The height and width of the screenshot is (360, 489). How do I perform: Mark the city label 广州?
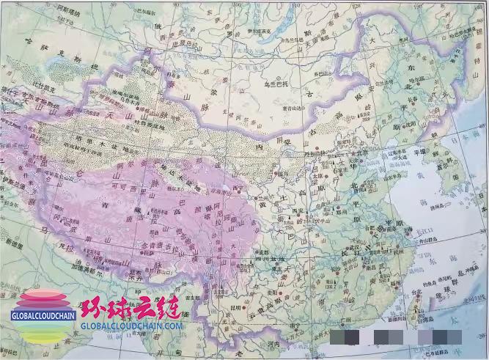[x=331, y=311]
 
